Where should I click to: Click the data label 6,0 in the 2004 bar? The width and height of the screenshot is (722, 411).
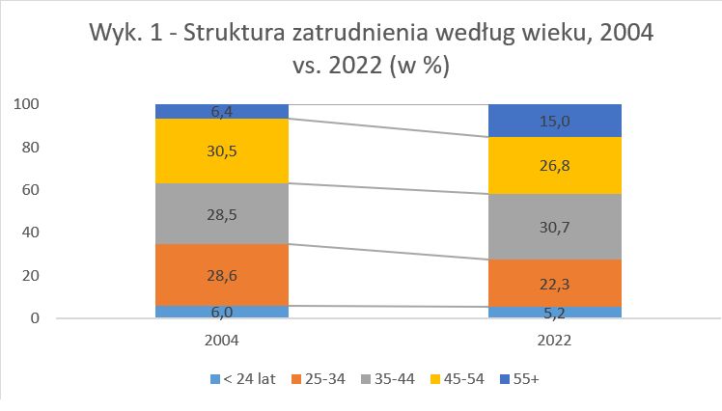(222, 313)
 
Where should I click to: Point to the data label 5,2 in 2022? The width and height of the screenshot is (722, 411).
(554, 313)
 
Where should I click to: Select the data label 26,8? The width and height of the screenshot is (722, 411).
(554, 166)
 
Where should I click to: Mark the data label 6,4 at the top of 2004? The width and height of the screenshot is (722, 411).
(222, 112)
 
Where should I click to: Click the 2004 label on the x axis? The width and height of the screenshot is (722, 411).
(222, 341)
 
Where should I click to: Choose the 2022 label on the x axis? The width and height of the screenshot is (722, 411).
(554, 341)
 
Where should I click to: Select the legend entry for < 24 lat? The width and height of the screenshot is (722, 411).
(242, 378)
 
